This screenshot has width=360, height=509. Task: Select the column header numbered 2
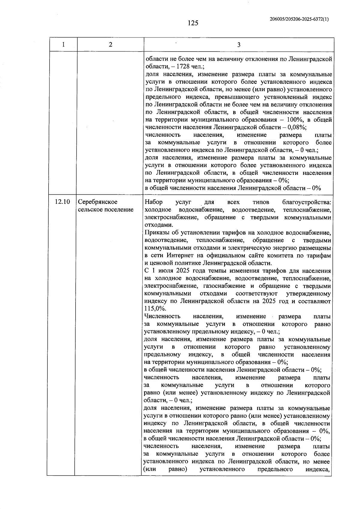111,45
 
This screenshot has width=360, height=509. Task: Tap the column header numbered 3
238,45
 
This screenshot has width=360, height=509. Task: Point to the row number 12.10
62,202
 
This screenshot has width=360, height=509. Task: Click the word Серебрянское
98,202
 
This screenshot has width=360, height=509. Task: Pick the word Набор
154,202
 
